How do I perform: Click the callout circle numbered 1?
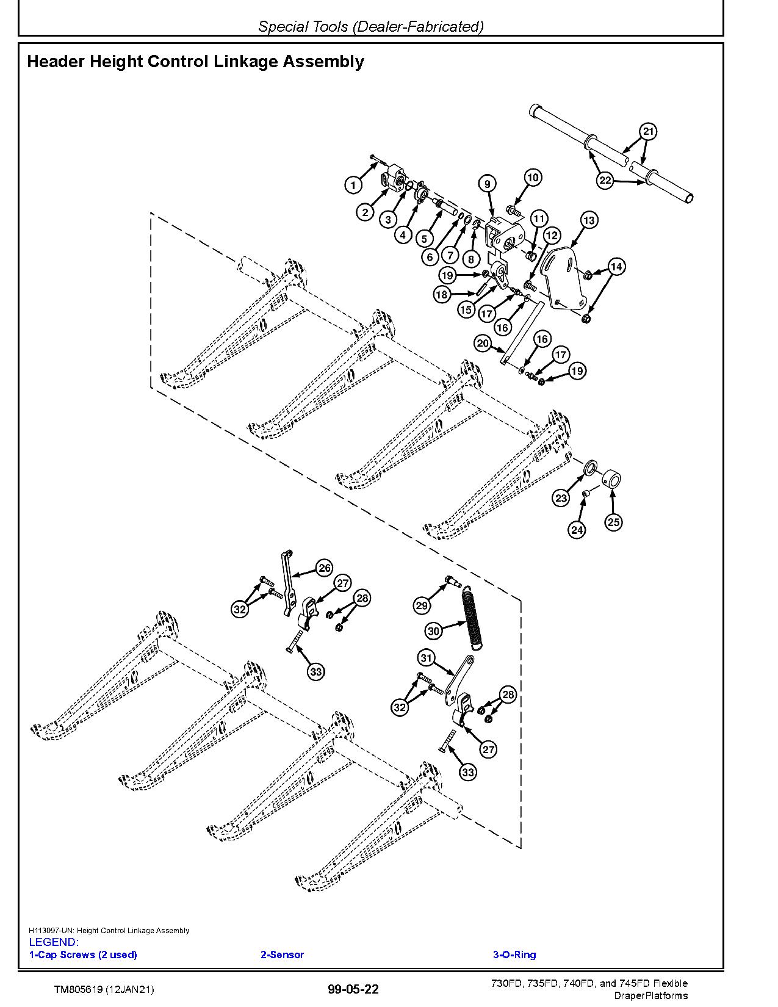(x=353, y=184)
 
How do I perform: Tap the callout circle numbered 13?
(x=589, y=220)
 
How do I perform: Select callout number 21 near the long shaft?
(x=648, y=132)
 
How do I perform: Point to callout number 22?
(x=605, y=181)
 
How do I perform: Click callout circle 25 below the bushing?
(x=613, y=522)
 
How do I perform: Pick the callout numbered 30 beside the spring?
(x=434, y=631)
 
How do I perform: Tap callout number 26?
(x=324, y=568)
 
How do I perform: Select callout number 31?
(x=427, y=658)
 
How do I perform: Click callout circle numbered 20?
(x=483, y=344)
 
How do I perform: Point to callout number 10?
(x=532, y=178)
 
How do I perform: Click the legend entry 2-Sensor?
(x=282, y=955)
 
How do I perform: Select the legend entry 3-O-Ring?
(x=514, y=955)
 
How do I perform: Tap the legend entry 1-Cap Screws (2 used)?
(x=83, y=955)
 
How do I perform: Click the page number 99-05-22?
(x=353, y=989)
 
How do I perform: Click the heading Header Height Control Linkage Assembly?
(x=195, y=62)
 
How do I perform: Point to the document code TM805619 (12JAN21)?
(x=104, y=989)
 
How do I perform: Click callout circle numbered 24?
(x=577, y=530)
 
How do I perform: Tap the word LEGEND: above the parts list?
(x=54, y=942)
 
